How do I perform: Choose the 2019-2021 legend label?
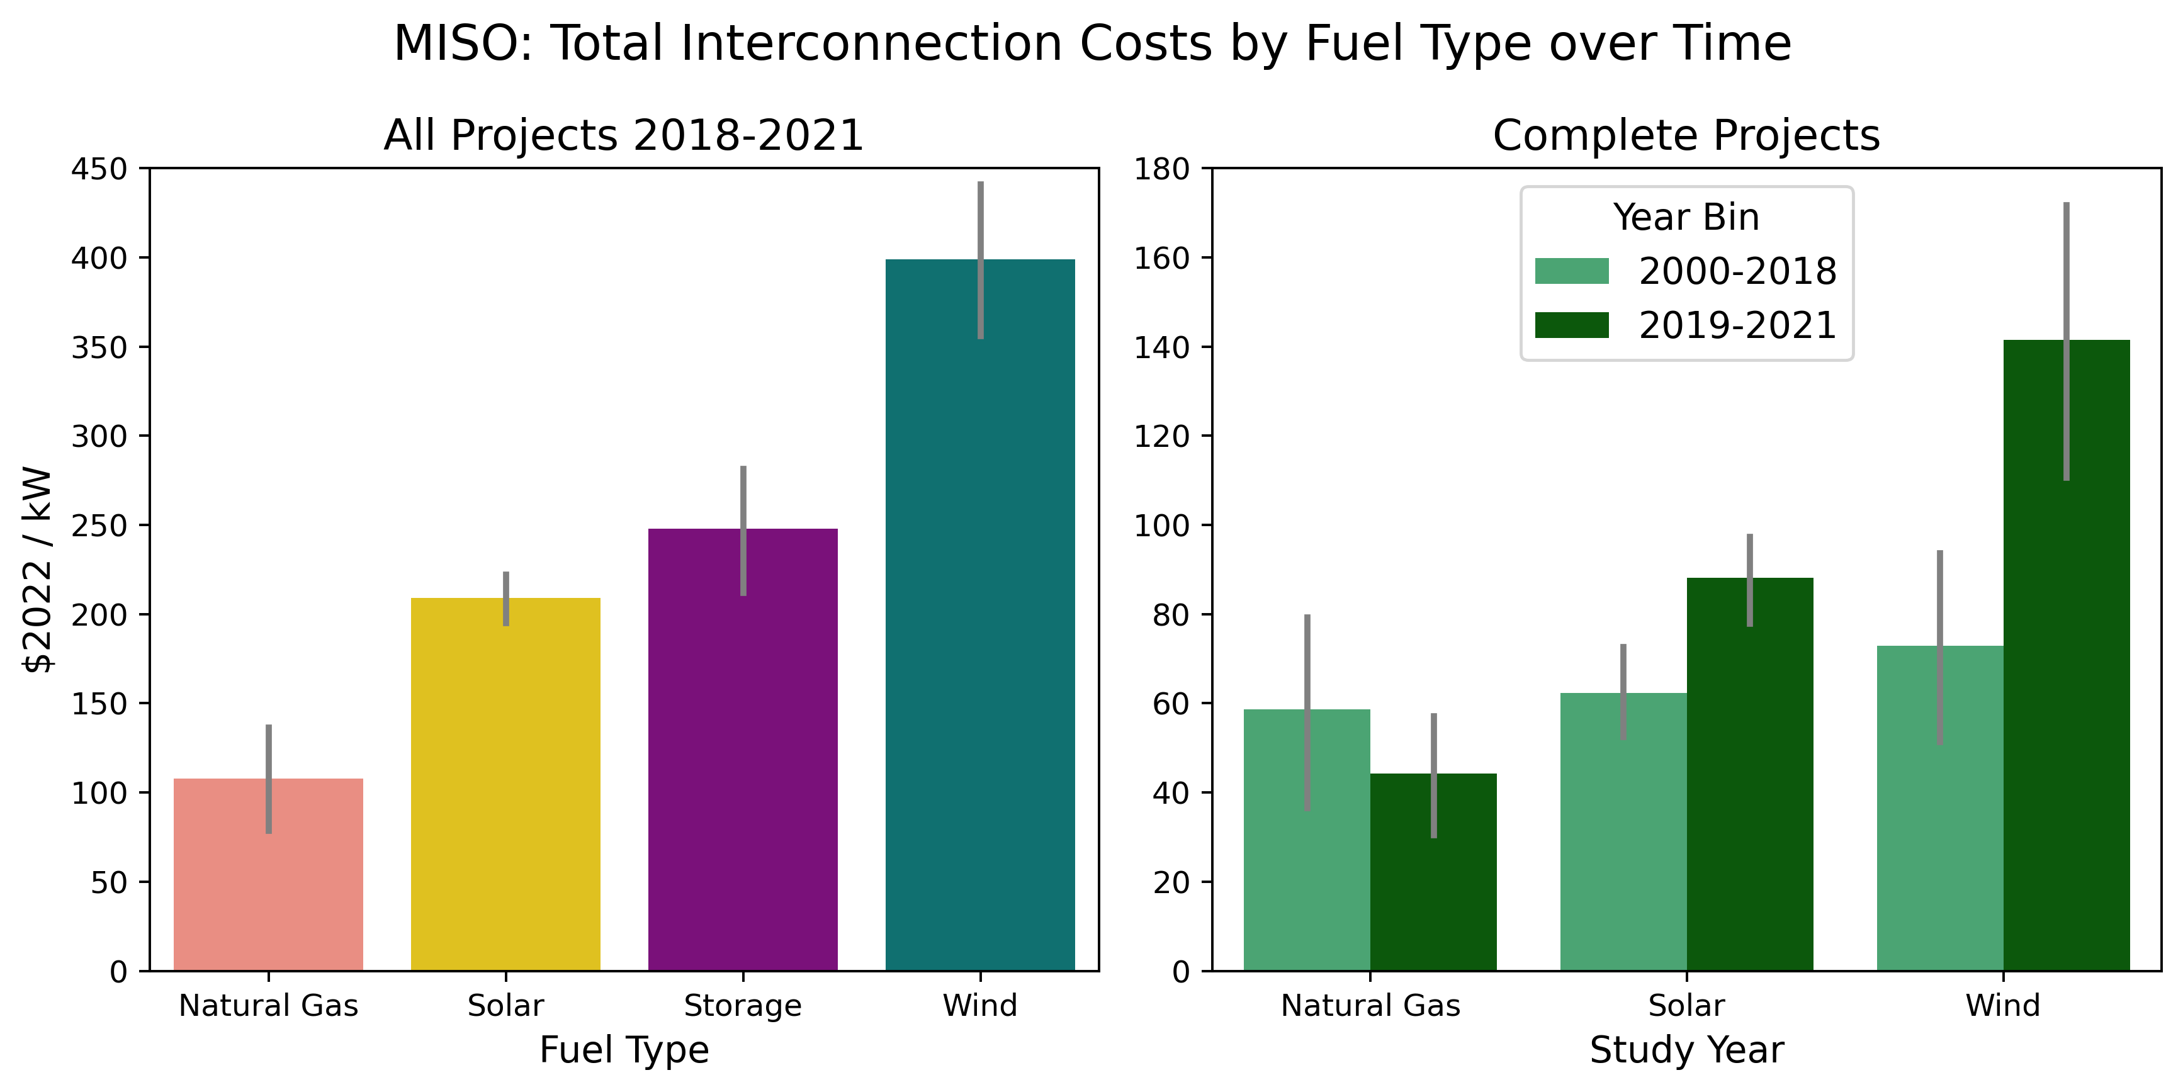tap(1737, 325)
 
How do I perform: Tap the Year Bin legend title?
tap(1686, 217)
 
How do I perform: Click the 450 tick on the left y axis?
tap(99, 169)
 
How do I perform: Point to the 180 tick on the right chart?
tap(1162, 169)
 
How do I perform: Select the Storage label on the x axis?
tap(742, 1006)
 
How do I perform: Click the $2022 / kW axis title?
tap(39, 570)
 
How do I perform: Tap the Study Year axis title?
tap(1686, 1050)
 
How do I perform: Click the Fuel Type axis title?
tap(624, 1050)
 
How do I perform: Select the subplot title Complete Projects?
tap(1686, 135)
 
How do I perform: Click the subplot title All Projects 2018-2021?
tap(624, 135)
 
